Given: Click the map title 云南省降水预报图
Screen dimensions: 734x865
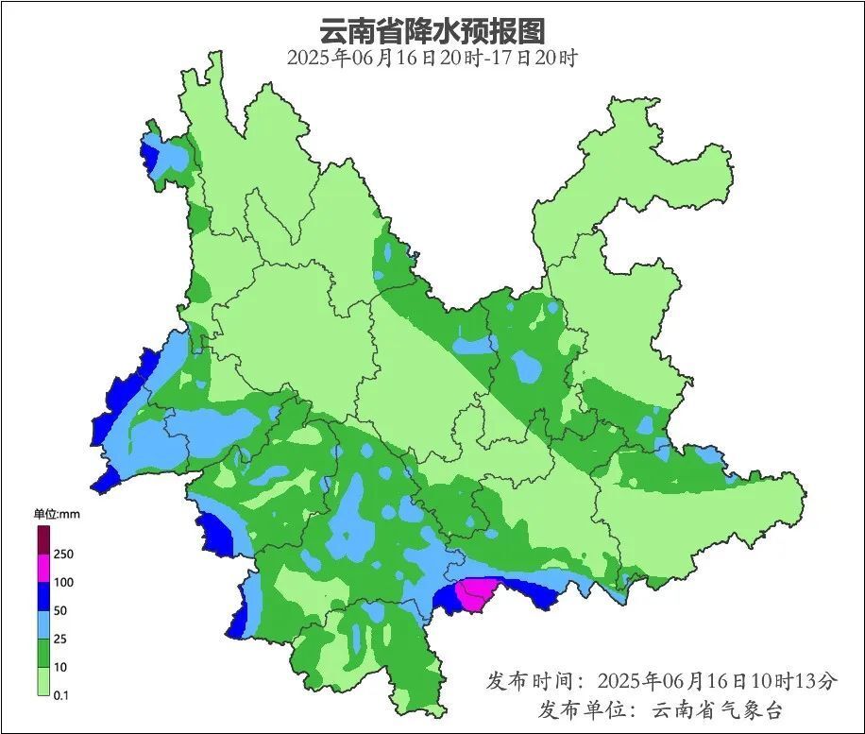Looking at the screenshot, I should (432, 30).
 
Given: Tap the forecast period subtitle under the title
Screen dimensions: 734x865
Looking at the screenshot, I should (432, 59).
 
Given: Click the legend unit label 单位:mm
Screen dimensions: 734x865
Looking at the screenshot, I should (54, 514).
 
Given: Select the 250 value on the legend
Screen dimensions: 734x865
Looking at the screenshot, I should (64, 554).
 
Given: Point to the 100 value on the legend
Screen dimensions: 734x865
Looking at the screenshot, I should (64, 582).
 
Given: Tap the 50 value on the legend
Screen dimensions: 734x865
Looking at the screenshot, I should (61, 610).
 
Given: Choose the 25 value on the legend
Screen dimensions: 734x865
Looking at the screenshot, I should (61, 639).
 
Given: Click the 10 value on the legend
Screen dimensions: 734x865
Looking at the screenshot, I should (61, 667).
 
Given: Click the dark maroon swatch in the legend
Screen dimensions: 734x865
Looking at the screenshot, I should (43, 539).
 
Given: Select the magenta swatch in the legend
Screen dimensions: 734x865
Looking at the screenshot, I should (43, 568).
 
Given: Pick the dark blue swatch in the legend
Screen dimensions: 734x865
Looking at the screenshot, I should (43, 596).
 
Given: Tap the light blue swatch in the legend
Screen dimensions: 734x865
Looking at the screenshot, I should (43, 624).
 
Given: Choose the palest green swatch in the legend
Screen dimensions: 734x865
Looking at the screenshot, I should (43, 681).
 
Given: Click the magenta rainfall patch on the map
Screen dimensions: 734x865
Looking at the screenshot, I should (475, 594).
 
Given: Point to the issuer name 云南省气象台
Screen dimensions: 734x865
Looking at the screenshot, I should (718, 709).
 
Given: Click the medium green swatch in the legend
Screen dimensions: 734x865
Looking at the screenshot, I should (43, 653).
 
